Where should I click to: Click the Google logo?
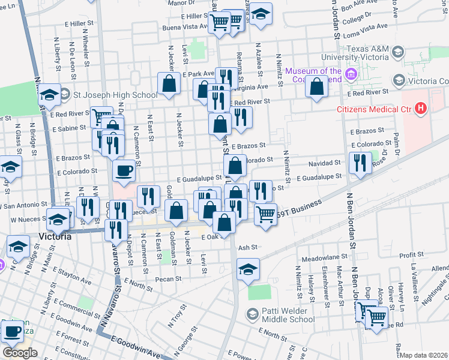20,352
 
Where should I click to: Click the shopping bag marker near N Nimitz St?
316,87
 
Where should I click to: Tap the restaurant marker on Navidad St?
360,163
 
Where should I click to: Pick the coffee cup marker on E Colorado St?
124,172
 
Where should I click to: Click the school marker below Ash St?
248,269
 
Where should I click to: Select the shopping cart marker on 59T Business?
265,214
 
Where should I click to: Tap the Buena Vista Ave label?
184,27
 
